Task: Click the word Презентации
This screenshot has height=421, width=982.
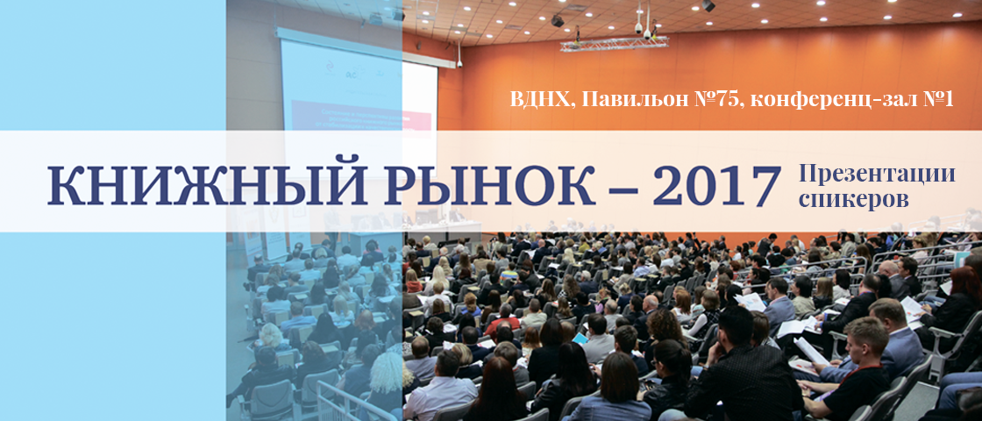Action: coord(877,173)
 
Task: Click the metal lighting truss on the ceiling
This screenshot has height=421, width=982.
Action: coord(615,42)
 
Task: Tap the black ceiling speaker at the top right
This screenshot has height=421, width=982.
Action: coord(708,5)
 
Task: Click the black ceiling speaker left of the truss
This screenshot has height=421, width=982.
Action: coord(557,20)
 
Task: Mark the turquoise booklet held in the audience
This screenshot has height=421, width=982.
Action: coord(580,337)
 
